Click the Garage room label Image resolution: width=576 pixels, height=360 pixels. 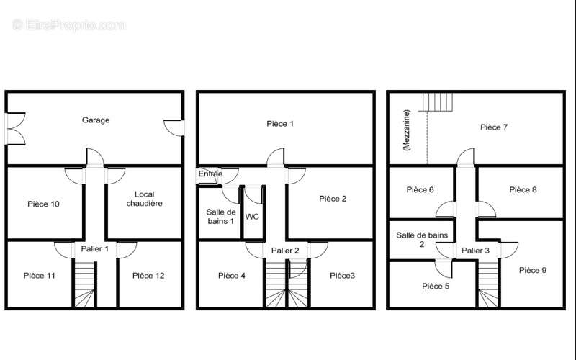point(96,120)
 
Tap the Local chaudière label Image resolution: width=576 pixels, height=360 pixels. point(145,199)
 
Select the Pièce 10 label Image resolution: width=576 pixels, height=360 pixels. point(43,204)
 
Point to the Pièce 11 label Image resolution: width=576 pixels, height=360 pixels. point(40,276)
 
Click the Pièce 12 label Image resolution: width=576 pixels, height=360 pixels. point(148,276)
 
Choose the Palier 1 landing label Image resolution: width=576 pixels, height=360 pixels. point(95,248)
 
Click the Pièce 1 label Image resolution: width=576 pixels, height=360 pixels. point(280,124)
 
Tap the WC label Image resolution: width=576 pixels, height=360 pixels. point(252,217)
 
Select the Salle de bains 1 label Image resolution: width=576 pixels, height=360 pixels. point(221,217)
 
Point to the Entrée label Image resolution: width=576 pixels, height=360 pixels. point(210,174)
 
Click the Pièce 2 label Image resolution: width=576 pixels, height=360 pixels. point(333,199)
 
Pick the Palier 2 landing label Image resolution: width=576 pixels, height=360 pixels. point(285,251)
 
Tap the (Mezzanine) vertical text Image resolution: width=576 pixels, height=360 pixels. point(406,130)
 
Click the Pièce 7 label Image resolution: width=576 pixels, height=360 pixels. point(494,127)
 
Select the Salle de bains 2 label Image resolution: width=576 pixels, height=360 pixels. point(422,240)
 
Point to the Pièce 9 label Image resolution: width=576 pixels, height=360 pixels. point(533,270)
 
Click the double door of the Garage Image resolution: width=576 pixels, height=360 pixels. point(15,129)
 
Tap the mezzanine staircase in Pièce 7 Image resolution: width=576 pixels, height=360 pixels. point(438,102)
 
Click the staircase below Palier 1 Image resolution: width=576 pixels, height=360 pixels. point(84,283)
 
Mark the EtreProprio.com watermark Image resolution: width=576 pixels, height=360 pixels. point(68,25)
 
